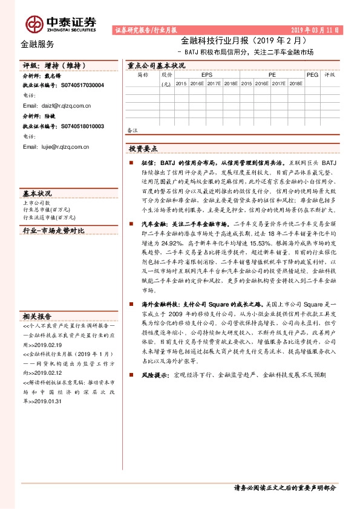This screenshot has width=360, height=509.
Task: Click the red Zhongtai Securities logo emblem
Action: (x=34, y=24)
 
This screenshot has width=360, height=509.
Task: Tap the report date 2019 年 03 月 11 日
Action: (x=315, y=29)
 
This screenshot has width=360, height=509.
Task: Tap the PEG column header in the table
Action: (x=312, y=75)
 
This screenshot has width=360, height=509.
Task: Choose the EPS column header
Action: (x=207, y=75)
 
